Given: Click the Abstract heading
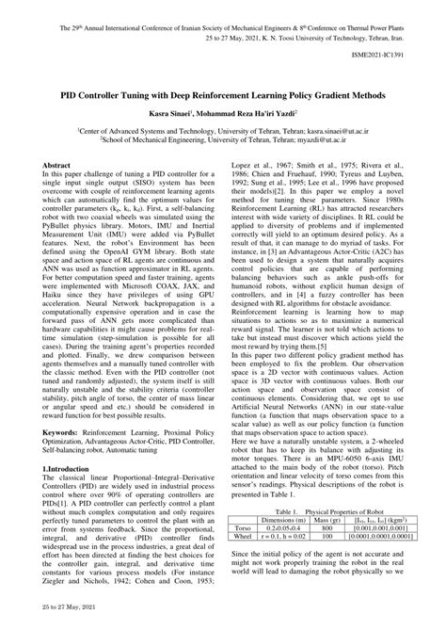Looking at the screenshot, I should [x=56, y=164].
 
